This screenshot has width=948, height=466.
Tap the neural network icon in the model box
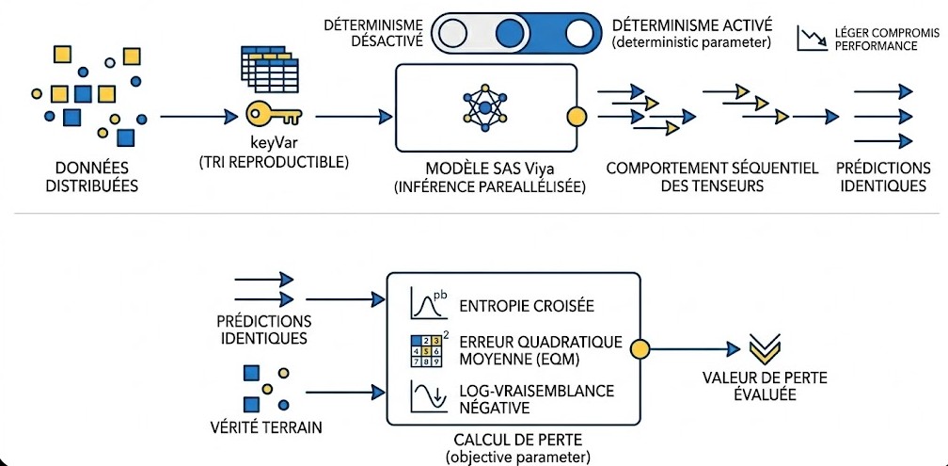pyautogui.click(x=485, y=107)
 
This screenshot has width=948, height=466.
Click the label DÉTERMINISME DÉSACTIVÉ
pyautogui.click(x=373, y=33)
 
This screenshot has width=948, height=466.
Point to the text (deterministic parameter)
pyautogui.click(x=691, y=42)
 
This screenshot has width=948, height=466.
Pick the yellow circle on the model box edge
pyautogui.click(x=576, y=116)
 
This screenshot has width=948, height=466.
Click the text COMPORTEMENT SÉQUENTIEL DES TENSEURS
pyautogui.click(x=712, y=176)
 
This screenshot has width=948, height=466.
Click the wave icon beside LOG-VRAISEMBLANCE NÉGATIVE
pyautogui.click(x=427, y=396)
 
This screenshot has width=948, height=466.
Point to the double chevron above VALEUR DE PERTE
pyautogui.click(x=766, y=347)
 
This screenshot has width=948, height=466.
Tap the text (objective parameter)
pyautogui.click(x=517, y=456)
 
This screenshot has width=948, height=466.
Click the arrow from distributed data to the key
pyautogui.click(x=198, y=116)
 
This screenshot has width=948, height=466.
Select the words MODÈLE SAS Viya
pyautogui.click(x=490, y=168)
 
